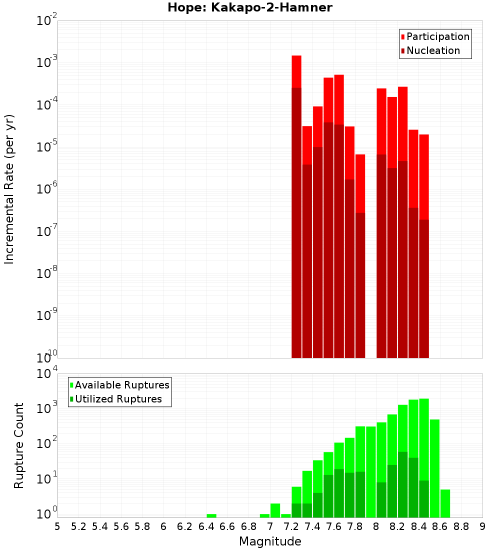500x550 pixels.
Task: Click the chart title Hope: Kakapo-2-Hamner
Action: (x=250, y=7)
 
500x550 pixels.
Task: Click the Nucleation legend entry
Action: (x=433, y=50)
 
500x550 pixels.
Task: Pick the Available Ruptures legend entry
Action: (x=121, y=385)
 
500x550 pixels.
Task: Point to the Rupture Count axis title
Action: (x=19, y=445)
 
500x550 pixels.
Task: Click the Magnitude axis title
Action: (x=270, y=541)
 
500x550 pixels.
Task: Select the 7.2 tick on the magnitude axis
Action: (x=291, y=526)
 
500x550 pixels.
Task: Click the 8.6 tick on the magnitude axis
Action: (x=440, y=526)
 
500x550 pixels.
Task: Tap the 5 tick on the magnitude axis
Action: (x=57, y=526)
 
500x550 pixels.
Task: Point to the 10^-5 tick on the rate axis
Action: (x=47, y=147)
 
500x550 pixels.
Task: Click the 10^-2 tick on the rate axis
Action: (x=47, y=21)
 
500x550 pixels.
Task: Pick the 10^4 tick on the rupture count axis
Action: (x=47, y=374)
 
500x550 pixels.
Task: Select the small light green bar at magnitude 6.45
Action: (x=211, y=515)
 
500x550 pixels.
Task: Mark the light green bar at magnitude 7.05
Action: (x=275, y=510)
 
